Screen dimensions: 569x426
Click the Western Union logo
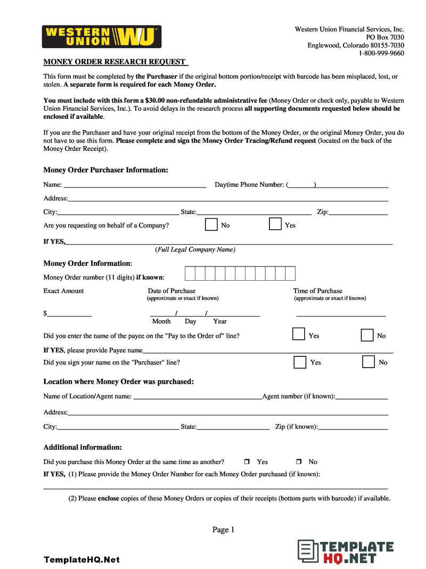click(x=102, y=37)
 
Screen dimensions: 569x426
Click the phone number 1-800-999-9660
click(x=381, y=53)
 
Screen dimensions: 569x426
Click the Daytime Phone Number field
click(x=351, y=185)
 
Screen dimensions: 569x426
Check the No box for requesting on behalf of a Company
click(x=211, y=224)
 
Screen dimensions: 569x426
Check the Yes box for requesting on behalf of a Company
click(x=275, y=224)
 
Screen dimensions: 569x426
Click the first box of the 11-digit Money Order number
click(x=190, y=274)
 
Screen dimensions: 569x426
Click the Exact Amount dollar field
click(x=69, y=314)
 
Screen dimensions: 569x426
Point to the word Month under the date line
click(x=161, y=322)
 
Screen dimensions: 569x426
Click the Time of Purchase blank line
click(x=341, y=314)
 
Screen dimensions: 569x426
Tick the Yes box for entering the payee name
click(x=299, y=335)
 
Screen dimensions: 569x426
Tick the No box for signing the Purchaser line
click(x=368, y=362)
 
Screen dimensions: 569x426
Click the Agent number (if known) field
click(x=362, y=397)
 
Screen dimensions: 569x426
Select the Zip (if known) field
click(x=353, y=427)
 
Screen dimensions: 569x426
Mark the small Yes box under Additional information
click(x=247, y=462)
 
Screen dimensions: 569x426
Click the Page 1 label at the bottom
click(x=223, y=530)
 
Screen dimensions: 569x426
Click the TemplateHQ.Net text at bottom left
click(x=81, y=559)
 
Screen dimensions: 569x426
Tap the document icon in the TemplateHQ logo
click(x=307, y=552)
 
